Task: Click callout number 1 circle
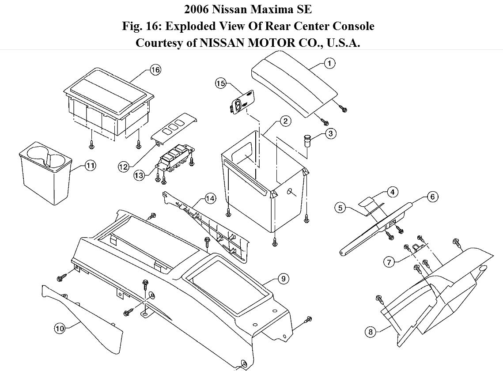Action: [329, 64]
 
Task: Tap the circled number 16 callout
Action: [155, 70]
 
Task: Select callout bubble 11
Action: [90, 166]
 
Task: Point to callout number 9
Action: [283, 279]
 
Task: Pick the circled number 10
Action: [60, 328]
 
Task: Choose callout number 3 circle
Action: [330, 133]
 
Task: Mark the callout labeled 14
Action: [210, 199]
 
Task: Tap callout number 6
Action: [432, 197]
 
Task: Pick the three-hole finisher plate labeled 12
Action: [174, 128]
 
